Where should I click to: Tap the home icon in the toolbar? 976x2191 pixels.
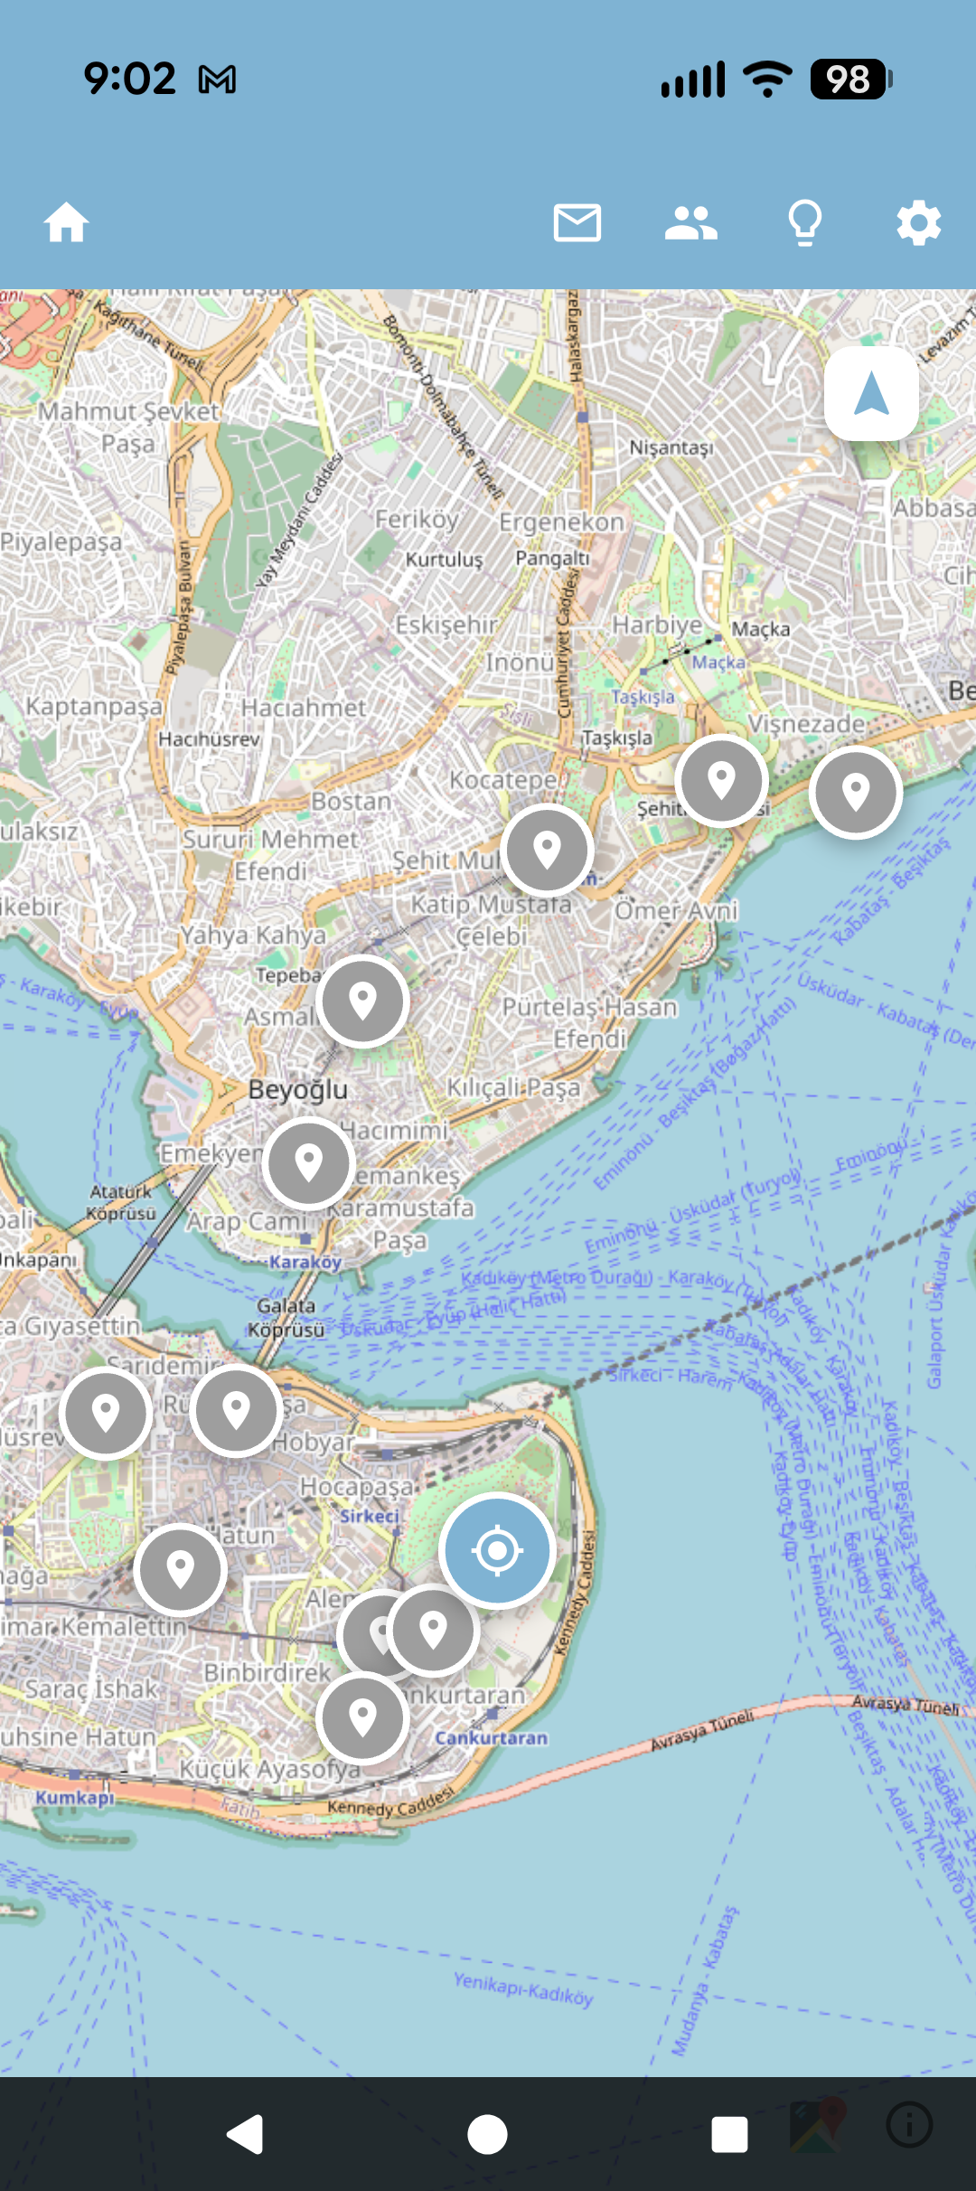click(x=67, y=222)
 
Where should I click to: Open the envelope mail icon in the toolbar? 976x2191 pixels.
click(x=577, y=222)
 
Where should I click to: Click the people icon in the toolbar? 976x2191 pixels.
click(x=690, y=222)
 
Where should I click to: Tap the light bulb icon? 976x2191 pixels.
click(x=804, y=222)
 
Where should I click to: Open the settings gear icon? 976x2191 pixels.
click(x=918, y=222)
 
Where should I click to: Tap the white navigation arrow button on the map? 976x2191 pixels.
click(x=871, y=394)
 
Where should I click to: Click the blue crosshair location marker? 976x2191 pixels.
click(x=497, y=1550)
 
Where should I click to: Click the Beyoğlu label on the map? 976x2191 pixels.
click(x=297, y=1089)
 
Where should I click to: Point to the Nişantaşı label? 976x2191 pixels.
click(x=671, y=447)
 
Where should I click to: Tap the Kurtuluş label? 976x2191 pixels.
click(x=444, y=560)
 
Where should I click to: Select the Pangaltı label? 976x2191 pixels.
click(x=552, y=558)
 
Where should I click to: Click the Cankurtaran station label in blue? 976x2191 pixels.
click(x=491, y=1737)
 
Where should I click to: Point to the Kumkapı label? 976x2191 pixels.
click(x=75, y=1797)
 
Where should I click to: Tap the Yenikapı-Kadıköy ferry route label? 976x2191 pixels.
click(x=523, y=1989)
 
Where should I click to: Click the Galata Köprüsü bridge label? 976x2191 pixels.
click(x=286, y=1318)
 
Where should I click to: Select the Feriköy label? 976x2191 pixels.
click(x=417, y=520)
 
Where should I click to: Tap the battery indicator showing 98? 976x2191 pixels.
click(x=849, y=79)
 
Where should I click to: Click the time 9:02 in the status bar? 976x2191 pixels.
click(x=129, y=79)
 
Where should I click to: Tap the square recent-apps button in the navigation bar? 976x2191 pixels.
click(x=728, y=2135)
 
